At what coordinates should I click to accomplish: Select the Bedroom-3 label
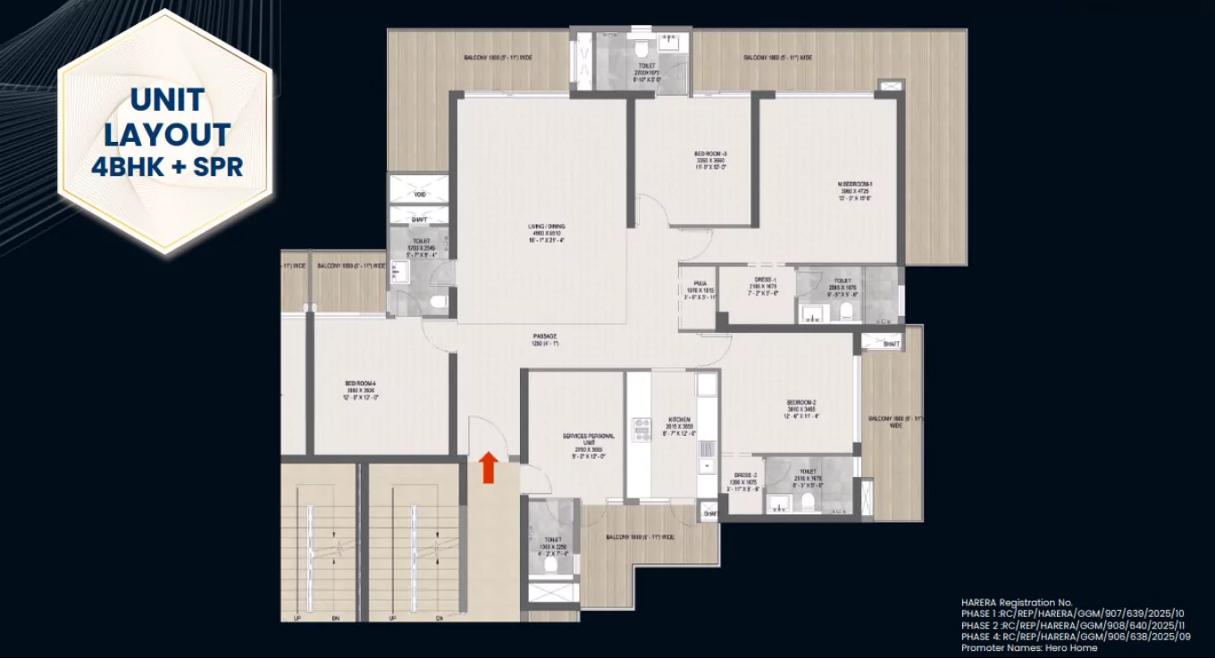(711, 154)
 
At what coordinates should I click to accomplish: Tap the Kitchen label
(679, 419)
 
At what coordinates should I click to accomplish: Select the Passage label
(545, 337)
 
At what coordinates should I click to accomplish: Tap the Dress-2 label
(746, 475)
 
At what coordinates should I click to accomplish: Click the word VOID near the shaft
(419, 194)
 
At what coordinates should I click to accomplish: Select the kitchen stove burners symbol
(641, 429)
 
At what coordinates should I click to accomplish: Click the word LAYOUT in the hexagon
(167, 134)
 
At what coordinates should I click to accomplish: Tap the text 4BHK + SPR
(167, 166)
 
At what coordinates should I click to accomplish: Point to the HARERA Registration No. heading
(1017, 603)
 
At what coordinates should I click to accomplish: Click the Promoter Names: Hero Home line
(1028, 647)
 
